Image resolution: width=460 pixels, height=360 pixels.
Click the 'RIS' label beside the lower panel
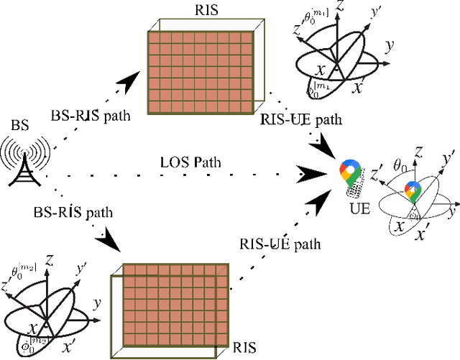tap(244, 349)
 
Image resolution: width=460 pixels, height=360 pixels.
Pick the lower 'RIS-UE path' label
tap(280, 244)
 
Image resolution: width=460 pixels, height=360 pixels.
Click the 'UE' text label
tap(352, 209)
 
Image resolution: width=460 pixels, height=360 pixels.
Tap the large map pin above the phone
tap(350, 171)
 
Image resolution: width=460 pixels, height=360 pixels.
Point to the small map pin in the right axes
tap(412, 191)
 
